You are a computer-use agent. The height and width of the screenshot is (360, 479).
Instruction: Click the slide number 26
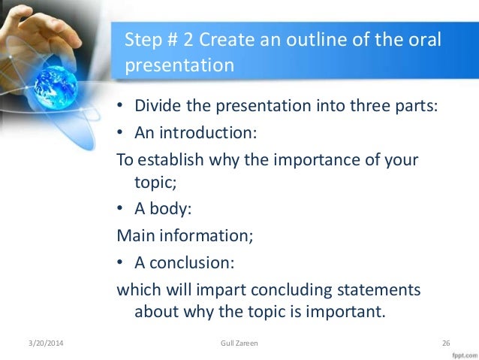tap(446, 344)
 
